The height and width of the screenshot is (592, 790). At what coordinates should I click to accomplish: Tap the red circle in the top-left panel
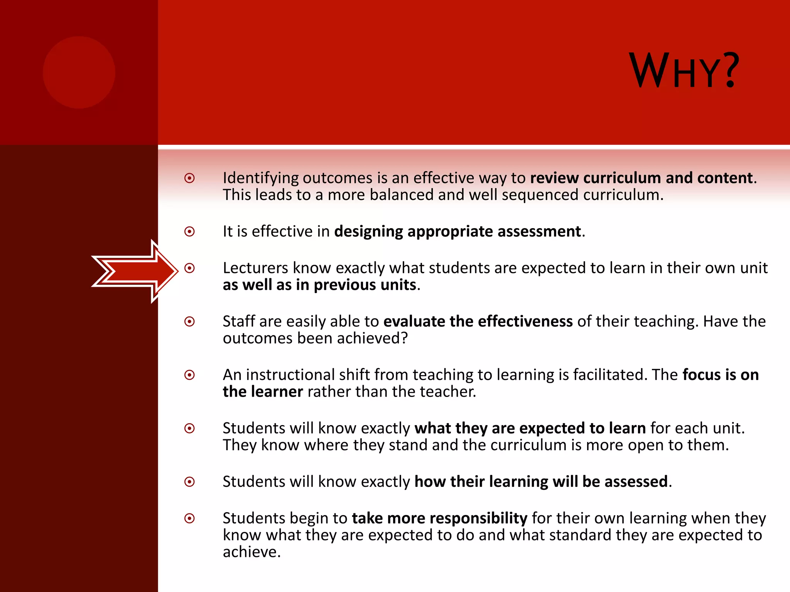(79, 72)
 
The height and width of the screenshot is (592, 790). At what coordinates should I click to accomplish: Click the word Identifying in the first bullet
(260, 178)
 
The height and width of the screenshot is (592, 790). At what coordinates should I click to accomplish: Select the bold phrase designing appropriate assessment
(457, 232)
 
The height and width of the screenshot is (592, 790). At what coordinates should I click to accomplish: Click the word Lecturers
(255, 268)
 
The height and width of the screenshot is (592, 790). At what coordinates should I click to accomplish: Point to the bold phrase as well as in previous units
(319, 285)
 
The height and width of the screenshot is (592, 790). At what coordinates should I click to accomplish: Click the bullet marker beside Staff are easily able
(189, 321)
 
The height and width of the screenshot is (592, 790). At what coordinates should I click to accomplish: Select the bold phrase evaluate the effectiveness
(478, 321)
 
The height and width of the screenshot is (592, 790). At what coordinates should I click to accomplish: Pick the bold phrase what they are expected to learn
(530, 429)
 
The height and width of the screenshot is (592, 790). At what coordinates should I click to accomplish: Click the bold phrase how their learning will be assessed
(541, 482)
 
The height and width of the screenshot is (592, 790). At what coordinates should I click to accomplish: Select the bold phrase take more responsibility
(439, 518)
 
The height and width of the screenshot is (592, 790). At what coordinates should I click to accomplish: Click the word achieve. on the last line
(252, 552)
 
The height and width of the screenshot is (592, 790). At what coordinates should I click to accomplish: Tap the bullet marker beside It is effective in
(189, 232)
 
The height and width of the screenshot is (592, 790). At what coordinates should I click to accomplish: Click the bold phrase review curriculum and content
(641, 178)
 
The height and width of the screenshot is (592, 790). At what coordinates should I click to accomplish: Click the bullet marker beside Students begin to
(189, 518)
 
